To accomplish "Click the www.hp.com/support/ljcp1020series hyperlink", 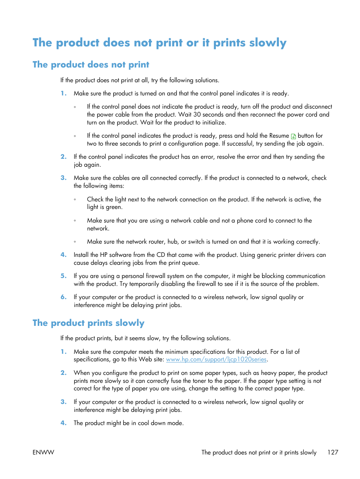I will pos(216,359).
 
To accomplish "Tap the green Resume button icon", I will pos(293,136).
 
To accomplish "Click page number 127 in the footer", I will pos(332,452).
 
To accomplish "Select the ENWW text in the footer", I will pos(43,452).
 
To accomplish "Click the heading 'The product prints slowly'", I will pos(88,323).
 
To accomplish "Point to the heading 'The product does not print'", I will pos(91,64).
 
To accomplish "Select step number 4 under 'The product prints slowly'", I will pos(63,423).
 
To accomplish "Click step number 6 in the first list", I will pos(63,297).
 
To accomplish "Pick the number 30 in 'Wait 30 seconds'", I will pos(197,115).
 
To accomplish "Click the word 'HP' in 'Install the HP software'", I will pos(103,255).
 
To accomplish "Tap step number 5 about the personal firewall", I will pos(63,276).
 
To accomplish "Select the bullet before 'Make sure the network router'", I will pos(75,242).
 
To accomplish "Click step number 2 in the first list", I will pos(63,157).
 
